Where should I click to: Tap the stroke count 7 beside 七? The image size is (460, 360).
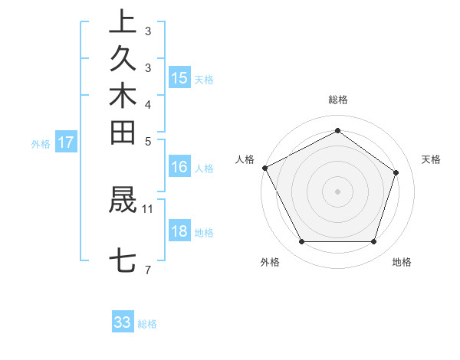pyautogui.click(x=148, y=270)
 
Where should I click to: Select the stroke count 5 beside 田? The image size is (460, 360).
pyautogui.click(x=148, y=141)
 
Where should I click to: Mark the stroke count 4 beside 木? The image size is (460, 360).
pyautogui.click(x=148, y=104)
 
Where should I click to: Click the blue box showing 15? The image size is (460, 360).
pyautogui.click(x=179, y=77)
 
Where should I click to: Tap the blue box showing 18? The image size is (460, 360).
pyautogui.click(x=179, y=231)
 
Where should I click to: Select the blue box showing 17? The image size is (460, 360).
pyautogui.click(x=66, y=142)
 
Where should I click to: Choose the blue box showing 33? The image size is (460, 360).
pyautogui.click(x=123, y=322)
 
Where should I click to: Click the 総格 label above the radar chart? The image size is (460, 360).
pyautogui.click(x=338, y=100)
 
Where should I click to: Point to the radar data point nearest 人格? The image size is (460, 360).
pyautogui.click(x=264, y=168)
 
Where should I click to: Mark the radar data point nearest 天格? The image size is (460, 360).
pyautogui.click(x=396, y=172)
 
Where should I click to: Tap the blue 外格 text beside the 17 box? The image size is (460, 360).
pyautogui.click(x=41, y=143)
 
